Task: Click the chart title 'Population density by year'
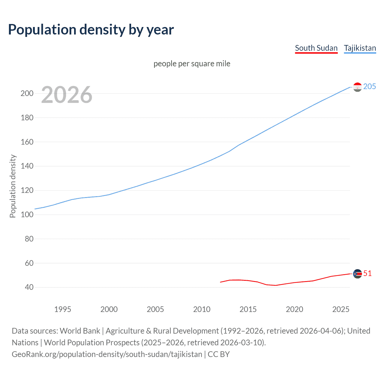pos(91,30)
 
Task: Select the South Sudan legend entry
pos(316,48)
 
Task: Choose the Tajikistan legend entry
pos(360,48)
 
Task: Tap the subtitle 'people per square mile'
pos(192,64)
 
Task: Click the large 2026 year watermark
pos(67,95)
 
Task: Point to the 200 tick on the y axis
pos(27,93)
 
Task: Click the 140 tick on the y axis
pos(27,166)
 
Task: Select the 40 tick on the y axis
pos(29,287)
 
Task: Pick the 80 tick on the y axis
pos(29,239)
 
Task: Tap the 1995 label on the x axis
pos(62,309)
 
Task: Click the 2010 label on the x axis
pos(202,309)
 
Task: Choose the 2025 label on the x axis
pos(341,309)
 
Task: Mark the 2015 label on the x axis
pos(248,309)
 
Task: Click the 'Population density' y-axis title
pos(13,186)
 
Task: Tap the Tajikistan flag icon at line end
pos(357,87)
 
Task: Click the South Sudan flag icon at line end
pos(357,274)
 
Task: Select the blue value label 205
pos(370,86)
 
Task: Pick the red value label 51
pos(367,273)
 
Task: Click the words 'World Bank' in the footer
pos(80,331)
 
